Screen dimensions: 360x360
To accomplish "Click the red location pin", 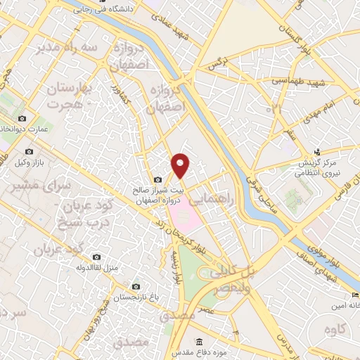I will (x=181, y=165).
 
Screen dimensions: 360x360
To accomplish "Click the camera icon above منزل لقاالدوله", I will (x=96, y=258).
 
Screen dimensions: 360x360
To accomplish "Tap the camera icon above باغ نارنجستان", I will (x=136, y=287).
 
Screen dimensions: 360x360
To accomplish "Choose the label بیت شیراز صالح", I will (x=163, y=190).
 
